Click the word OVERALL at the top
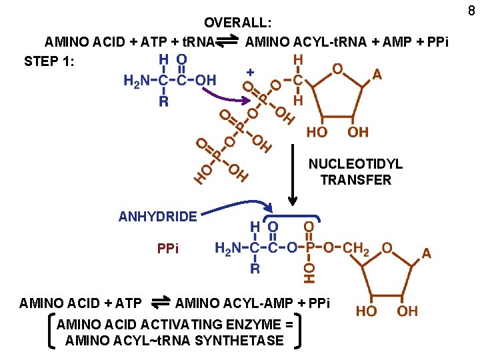(x=238, y=24)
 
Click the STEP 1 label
(x=49, y=62)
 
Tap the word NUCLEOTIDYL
(x=355, y=164)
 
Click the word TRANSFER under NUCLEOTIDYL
(x=355, y=180)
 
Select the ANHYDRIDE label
(x=157, y=216)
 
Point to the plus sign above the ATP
(x=250, y=71)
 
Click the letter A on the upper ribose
(x=377, y=75)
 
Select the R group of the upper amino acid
(x=164, y=101)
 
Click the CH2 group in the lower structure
(x=357, y=248)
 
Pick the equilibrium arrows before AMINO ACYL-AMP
(x=159, y=303)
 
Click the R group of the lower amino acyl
(x=255, y=269)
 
